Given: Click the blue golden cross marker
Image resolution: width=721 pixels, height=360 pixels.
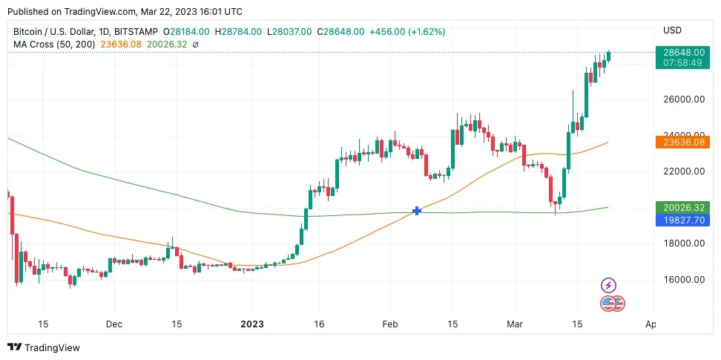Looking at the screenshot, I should click(x=417, y=211).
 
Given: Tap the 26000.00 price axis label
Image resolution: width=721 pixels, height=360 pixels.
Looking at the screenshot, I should click(x=683, y=99).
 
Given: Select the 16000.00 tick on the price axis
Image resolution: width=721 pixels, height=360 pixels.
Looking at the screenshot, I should click(x=683, y=280).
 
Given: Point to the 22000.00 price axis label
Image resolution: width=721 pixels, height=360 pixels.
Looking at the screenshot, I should click(x=683, y=171).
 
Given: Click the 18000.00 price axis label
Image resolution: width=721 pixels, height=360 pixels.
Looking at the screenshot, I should click(x=683, y=243).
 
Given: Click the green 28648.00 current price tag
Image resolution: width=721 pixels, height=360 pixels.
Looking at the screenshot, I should click(x=678, y=52).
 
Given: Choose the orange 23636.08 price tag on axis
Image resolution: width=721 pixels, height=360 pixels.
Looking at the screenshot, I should click(x=678, y=142).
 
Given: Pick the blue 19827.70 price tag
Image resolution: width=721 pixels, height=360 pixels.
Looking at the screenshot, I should click(x=678, y=220).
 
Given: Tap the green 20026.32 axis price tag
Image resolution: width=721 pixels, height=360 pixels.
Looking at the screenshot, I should click(x=678, y=208).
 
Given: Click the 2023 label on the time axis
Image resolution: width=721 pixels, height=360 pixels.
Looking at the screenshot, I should click(x=252, y=324).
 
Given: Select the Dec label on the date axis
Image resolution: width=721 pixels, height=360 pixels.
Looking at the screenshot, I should click(x=114, y=324).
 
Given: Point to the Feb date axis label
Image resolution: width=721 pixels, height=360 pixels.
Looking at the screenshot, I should click(x=390, y=324).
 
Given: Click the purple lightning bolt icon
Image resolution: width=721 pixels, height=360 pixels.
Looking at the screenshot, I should click(x=608, y=285).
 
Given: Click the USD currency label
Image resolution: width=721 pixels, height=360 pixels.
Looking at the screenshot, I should click(x=672, y=30).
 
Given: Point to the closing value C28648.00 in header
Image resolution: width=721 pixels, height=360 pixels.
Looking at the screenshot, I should click(x=340, y=32).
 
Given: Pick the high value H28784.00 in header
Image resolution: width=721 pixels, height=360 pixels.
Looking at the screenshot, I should click(x=239, y=32).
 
